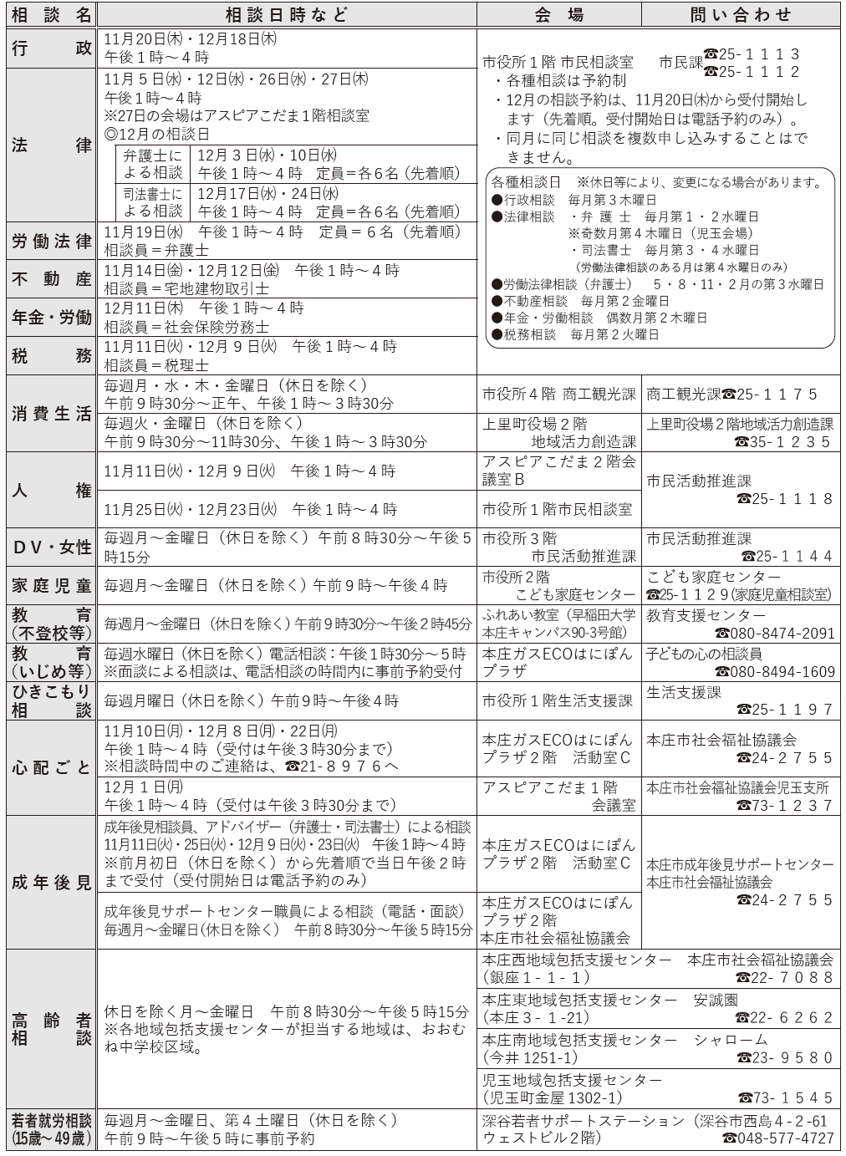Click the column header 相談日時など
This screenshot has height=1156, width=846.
point(286,14)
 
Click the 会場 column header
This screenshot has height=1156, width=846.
point(559,14)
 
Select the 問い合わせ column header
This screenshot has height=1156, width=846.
point(741,14)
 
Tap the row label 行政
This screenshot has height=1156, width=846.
point(51,48)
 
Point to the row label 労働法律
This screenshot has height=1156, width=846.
point(51,242)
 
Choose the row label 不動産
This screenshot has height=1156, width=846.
point(51,279)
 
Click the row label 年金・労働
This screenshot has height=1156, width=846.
point(51,318)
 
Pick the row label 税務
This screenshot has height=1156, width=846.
point(51,356)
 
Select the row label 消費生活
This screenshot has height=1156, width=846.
point(51,415)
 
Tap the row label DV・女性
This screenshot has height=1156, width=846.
point(51,547)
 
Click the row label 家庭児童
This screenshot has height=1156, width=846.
point(51,586)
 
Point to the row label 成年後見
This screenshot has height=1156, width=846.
point(51,882)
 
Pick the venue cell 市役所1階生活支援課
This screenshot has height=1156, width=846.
point(558,700)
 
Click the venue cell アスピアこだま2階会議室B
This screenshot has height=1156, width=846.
point(558,471)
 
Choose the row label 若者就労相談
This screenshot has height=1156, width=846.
point(51,1129)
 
